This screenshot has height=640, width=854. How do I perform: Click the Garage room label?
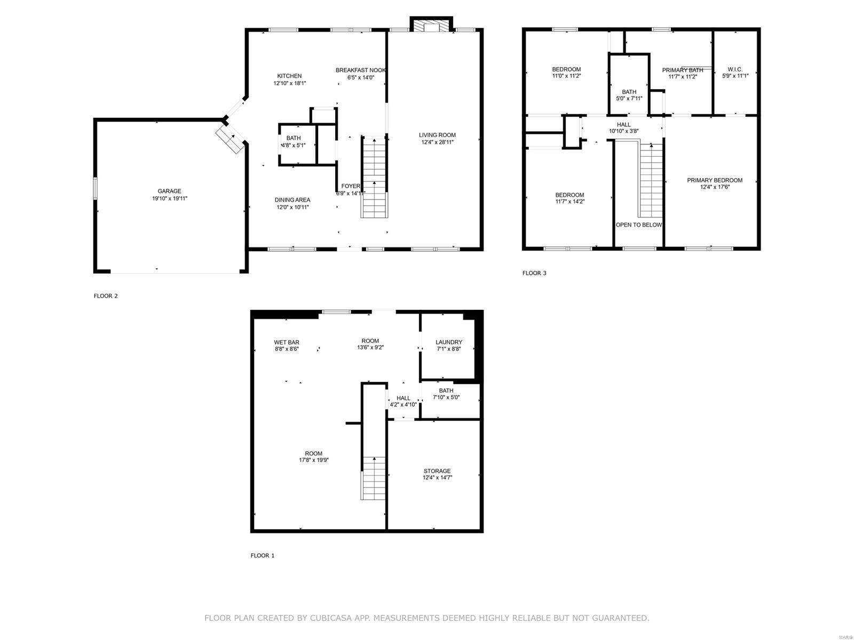[x=169, y=191]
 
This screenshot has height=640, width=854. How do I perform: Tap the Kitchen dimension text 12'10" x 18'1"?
[x=289, y=83]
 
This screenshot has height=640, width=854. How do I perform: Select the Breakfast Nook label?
[x=360, y=70]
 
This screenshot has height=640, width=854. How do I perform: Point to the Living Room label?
[x=437, y=135]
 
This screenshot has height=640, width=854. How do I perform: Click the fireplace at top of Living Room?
[x=431, y=26]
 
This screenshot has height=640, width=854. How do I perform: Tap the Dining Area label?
[x=292, y=200]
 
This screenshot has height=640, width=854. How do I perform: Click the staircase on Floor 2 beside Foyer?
[x=374, y=176]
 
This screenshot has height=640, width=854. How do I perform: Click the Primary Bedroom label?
[x=714, y=180]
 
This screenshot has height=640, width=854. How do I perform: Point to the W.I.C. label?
[x=734, y=69]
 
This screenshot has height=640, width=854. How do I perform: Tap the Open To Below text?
[x=638, y=225]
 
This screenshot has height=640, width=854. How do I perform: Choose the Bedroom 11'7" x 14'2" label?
[x=569, y=195]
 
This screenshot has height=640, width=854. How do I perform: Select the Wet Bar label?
[x=287, y=342]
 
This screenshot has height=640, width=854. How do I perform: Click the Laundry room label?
[x=448, y=342]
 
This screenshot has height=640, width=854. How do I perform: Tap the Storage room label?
[x=437, y=471]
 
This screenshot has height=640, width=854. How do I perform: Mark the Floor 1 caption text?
[x=262, y=555]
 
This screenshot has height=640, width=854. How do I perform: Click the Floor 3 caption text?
[x=534, y=273]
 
